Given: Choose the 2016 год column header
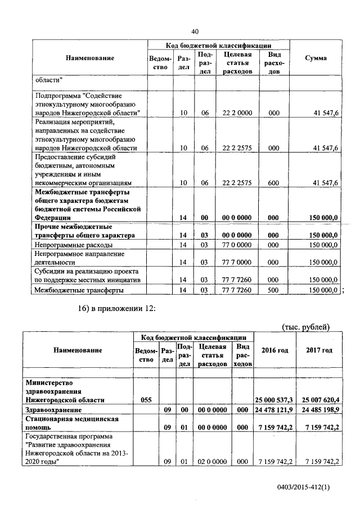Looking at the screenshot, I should (275, 350).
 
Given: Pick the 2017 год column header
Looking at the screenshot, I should (319, 350).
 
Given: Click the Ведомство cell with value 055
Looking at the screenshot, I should (146, 399).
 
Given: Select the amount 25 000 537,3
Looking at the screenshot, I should (275, 399).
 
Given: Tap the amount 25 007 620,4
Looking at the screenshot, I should (319, 399).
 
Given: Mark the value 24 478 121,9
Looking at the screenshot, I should (275, 409).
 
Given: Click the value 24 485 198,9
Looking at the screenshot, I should (319, 409).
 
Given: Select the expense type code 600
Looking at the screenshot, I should (274, 183).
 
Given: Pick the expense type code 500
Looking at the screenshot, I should (274, 290).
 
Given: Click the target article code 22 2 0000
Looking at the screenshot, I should (237, 113).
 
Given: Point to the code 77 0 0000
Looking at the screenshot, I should (237, 245).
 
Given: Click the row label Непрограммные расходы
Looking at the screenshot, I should (73, 245).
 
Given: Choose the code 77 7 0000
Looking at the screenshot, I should (237, 262).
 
